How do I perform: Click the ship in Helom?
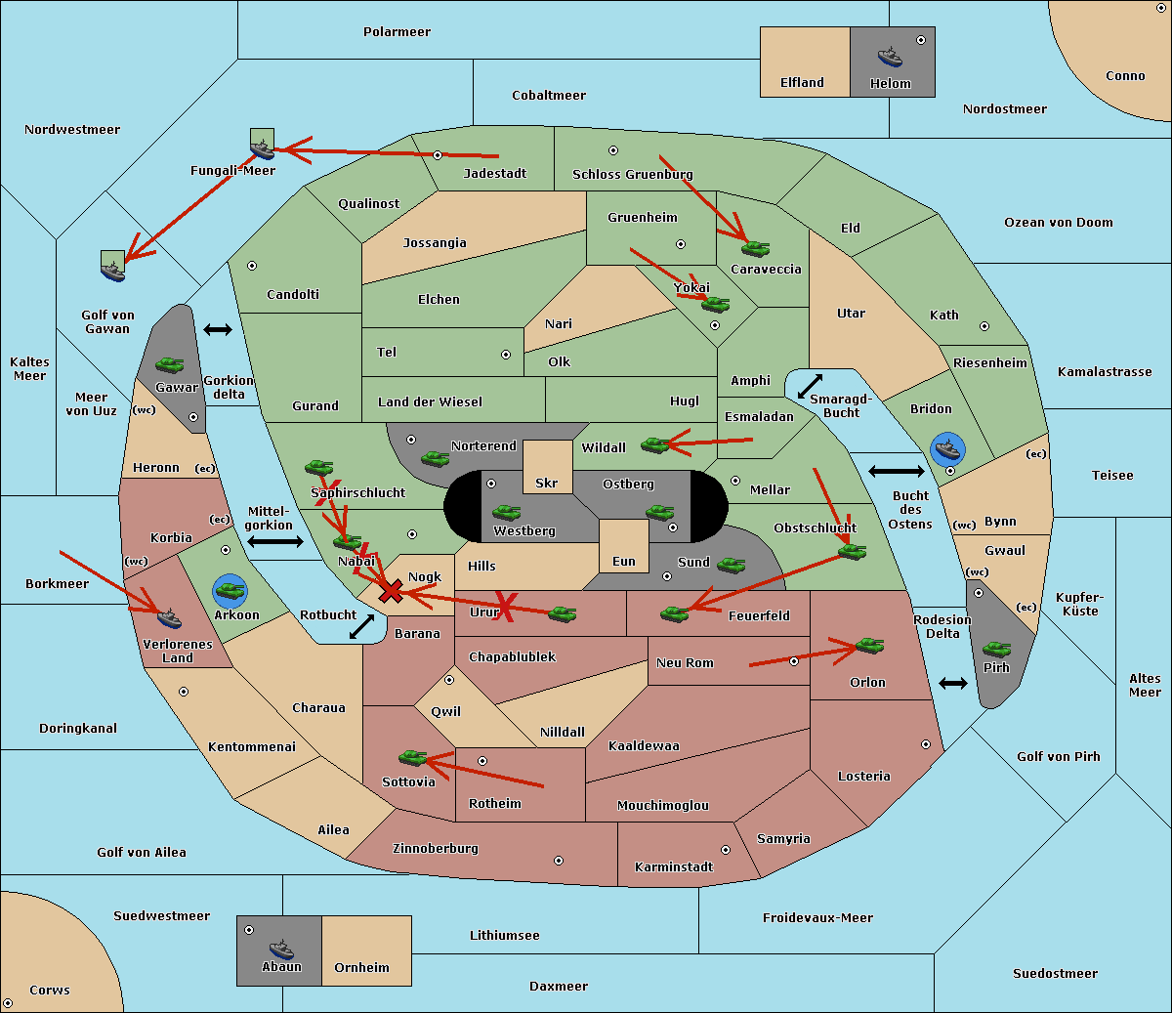(x=890, y=56)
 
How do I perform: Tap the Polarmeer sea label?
(x=397, y=32)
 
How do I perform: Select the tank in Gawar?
(x=169, y=364)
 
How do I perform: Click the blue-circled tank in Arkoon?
(x=230, y=591)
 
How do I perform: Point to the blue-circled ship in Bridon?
(x=947, y=449)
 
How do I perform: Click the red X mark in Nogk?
(x=391, y=591)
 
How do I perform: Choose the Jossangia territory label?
(x=435, y=243)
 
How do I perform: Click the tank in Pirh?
(x=996, y=649)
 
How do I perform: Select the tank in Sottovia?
(x=413, y=757)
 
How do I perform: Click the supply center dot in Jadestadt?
(x=438, y=155)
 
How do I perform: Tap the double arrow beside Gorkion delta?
(x=218, y=329)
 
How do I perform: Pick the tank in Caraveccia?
(x=755, y=248)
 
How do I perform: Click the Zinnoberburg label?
(x=436, y=848)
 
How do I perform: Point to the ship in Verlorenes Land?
(x=169, y=618)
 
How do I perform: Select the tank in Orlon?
(x=870, y=646)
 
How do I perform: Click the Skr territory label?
(x=547, y=483)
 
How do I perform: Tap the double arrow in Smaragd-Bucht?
(x=810, y=386)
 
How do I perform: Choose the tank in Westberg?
(x=506, y=513)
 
